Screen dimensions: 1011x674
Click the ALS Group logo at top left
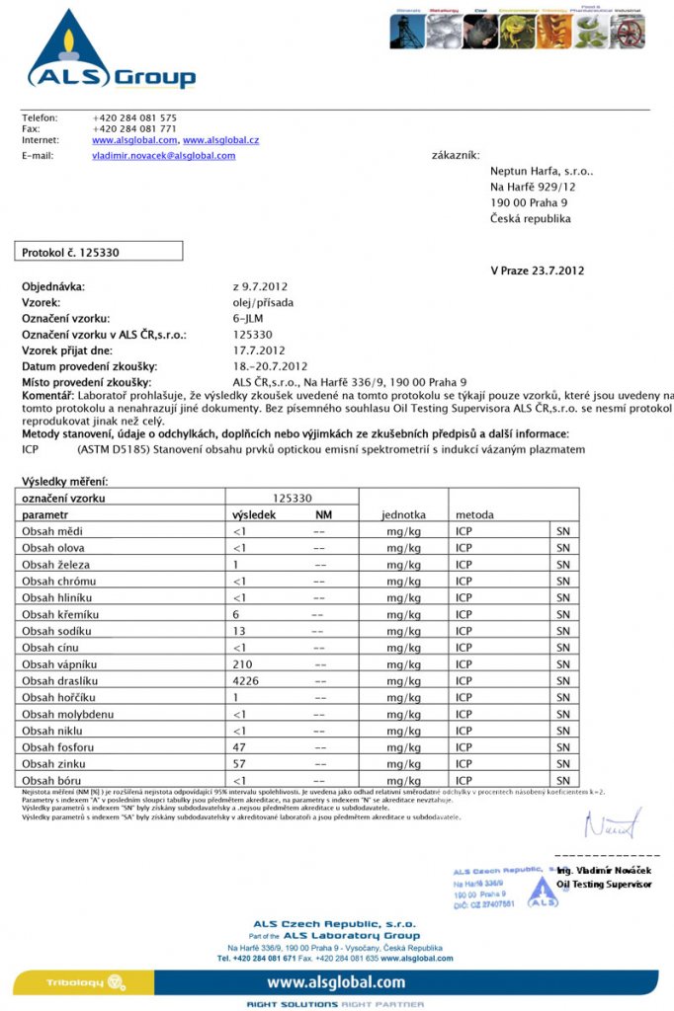(109, 51)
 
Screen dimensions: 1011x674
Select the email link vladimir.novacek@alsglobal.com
(163, 156)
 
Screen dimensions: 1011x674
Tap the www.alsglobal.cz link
(220, 141)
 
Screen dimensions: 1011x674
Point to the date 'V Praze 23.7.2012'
(538, 271)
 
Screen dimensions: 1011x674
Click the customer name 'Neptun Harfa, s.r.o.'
(541, 171)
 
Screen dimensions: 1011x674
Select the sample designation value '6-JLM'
(248, 318)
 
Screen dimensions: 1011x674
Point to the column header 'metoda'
(475, 515)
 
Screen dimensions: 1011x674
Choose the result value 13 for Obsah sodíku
(238, 631)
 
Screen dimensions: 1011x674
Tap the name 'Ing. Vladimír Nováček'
(604, 870)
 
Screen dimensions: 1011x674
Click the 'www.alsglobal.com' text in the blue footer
(336, 982)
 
